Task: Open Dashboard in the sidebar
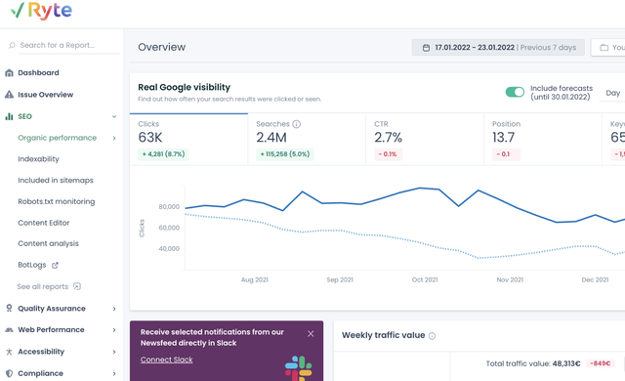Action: [38, 72]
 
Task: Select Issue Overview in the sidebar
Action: [45, 95]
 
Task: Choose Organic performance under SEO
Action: [57, 138]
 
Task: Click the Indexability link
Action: [38, 159]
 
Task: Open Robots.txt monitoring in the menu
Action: [56, 201]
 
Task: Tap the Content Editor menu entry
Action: [43, 223]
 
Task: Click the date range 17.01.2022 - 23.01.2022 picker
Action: [498, 47]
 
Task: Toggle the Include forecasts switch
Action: [515, 92]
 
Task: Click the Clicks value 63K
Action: [151, 138]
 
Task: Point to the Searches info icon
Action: [297, 124]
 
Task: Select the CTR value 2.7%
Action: [389, 138]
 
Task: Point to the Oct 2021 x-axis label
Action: [425, 279]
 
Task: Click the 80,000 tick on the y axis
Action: [167, 207]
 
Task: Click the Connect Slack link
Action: [167, 360]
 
